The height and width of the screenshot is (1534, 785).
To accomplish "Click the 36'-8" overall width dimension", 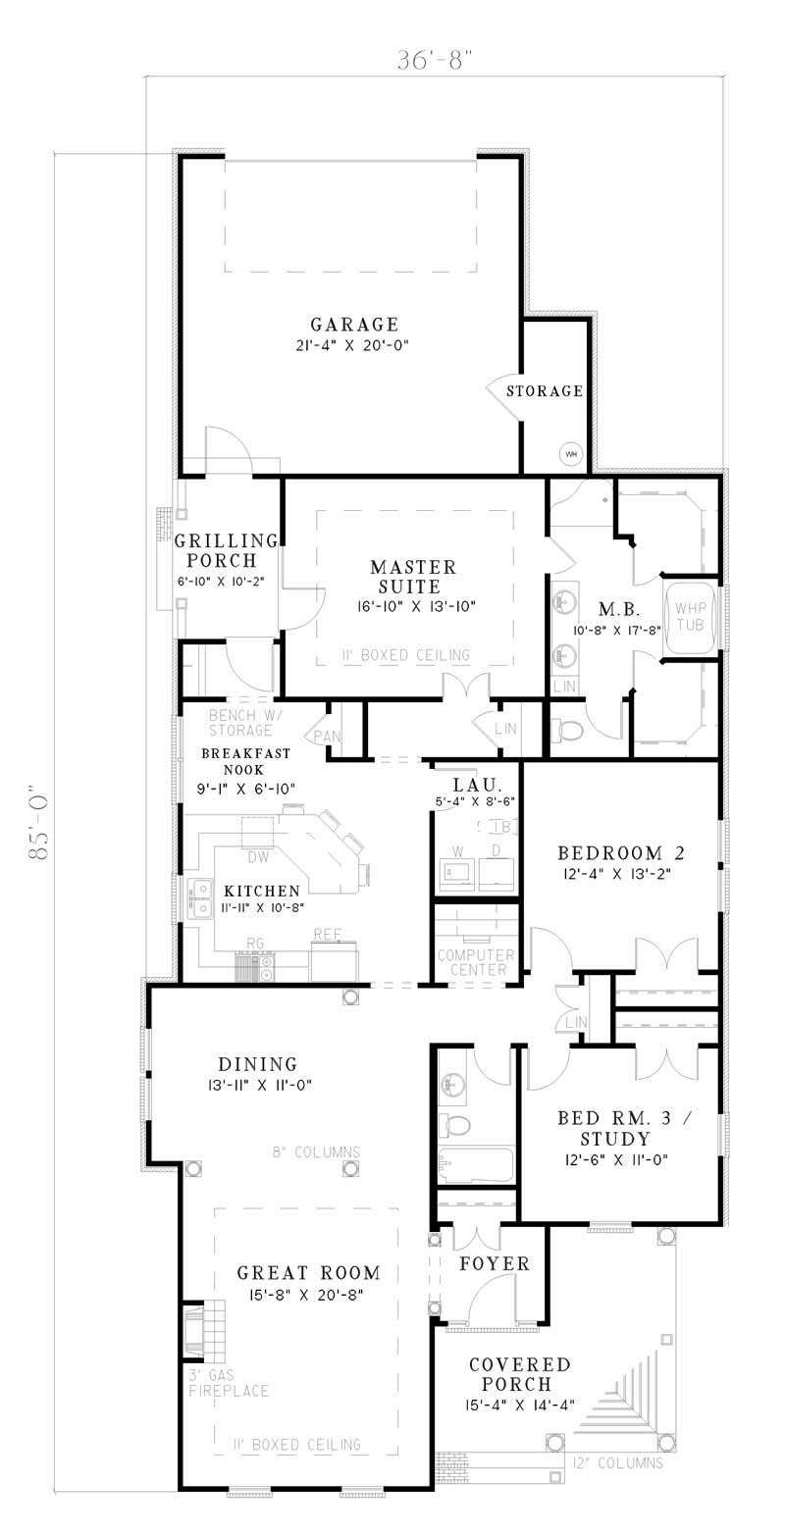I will coord(428,60).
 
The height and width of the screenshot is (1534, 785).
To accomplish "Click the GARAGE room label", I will coord(354,325).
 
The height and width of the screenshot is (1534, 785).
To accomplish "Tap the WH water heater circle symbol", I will coord(571,454).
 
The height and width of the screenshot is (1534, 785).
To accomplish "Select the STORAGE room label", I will coord(545,391).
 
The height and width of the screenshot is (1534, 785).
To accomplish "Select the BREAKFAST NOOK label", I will coord(233,762).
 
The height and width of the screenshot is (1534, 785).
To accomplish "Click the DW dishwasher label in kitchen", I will coord(258,857).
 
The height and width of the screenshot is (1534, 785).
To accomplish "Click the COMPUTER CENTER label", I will coord(476,962).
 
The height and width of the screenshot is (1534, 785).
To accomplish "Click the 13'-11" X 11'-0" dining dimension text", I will coord(258,1085).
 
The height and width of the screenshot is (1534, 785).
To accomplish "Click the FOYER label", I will coord(495,1264).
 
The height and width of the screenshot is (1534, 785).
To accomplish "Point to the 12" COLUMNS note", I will coord(617,1462).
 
